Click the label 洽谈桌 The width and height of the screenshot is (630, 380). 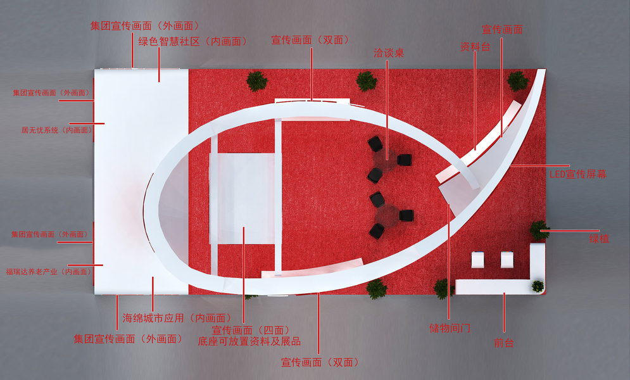point(389,53)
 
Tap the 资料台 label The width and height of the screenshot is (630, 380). point(475,47)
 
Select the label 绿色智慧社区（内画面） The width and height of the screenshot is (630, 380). point(192,41)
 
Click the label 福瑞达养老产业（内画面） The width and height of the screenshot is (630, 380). point(49,272)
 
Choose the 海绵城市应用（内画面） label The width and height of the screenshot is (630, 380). point(175,317)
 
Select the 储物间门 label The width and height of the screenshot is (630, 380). point(450,329)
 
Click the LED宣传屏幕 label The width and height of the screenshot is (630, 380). point(577,174)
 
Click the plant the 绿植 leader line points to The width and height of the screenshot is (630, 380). point(539,230)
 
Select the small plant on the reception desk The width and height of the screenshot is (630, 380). point(538,286)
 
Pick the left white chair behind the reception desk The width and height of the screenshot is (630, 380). point(478,260)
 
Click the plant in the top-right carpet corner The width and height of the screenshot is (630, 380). point(517,80)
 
